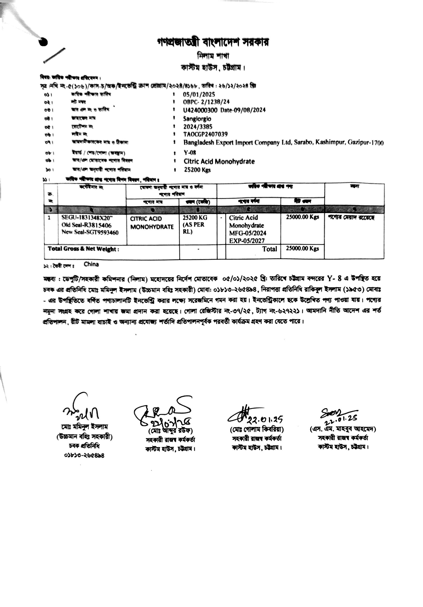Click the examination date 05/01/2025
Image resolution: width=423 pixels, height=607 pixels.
199,94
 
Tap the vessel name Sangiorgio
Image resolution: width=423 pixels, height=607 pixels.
197,119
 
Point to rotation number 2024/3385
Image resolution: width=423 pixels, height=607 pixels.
198,127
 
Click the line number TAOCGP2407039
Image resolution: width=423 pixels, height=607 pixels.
205,134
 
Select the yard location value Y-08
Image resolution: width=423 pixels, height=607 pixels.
190,153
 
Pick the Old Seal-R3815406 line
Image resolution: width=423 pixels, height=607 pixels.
86,225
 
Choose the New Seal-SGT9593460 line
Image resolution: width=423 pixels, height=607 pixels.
90,232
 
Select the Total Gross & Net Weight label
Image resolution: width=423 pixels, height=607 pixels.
83,249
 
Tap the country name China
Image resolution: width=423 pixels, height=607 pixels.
91,264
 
